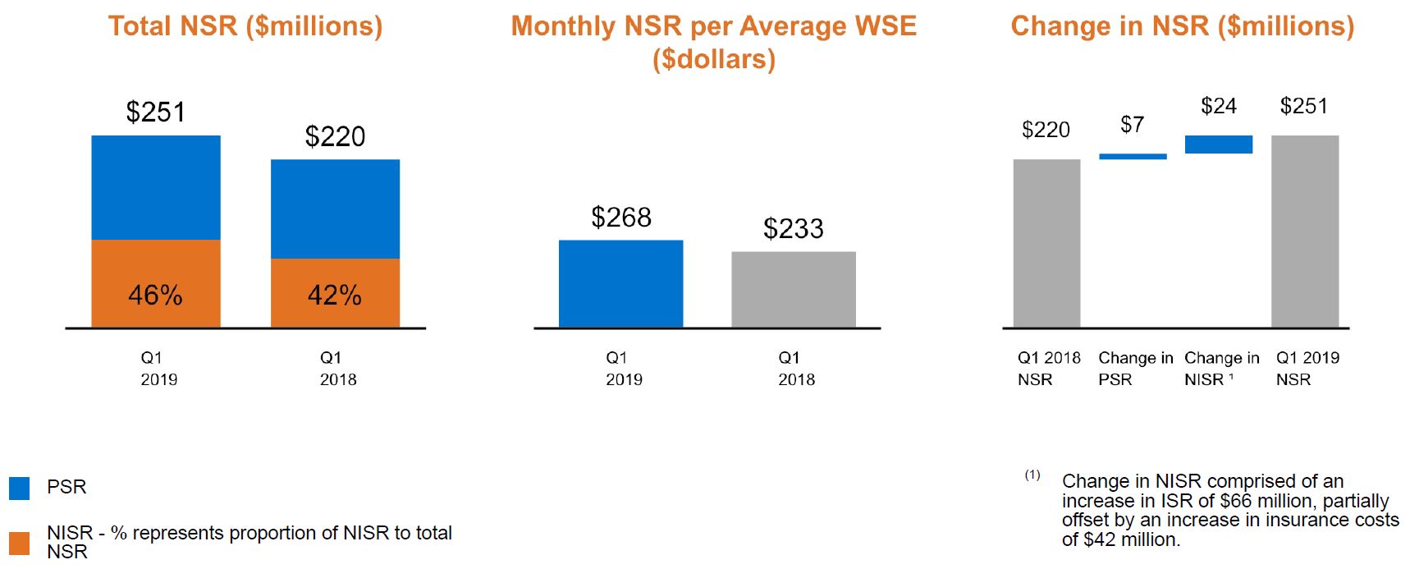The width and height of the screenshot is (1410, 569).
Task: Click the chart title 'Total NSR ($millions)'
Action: [x=245, y=26]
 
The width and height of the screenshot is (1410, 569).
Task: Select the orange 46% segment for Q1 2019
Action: [x=156, y=284]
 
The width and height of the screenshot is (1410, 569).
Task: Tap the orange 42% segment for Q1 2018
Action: [x=335, y=293]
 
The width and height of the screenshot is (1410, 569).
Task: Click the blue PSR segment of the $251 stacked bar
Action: [x=156, y=187]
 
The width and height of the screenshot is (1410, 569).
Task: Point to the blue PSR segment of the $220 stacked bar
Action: [x=335, y=209]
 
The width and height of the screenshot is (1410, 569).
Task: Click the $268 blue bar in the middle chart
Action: [x=620, y=284]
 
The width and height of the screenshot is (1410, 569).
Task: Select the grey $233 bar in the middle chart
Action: [x=794, y=290]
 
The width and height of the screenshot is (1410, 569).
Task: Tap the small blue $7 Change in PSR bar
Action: [x=1133, y=156]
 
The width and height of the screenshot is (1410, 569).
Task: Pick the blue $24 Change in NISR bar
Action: [x=1219, y=145]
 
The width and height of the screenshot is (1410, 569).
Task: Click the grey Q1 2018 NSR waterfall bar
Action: [x=1046, y=244]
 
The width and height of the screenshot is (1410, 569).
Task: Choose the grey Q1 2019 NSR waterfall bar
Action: [x=1305, y=232]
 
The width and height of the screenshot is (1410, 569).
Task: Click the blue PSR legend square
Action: [x=19, y=489]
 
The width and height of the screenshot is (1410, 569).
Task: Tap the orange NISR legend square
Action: [x=19, y=543]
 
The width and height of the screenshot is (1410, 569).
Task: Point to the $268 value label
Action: [x=621, y=218]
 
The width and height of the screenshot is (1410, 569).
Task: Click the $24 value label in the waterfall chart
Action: [x=1219, y=106]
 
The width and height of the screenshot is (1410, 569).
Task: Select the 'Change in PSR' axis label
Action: [x=1135, y=369]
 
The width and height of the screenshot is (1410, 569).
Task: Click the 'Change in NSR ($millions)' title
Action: [x=1183, y=26]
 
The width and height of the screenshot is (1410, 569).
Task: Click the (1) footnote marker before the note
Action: [x=1032, y=475]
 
